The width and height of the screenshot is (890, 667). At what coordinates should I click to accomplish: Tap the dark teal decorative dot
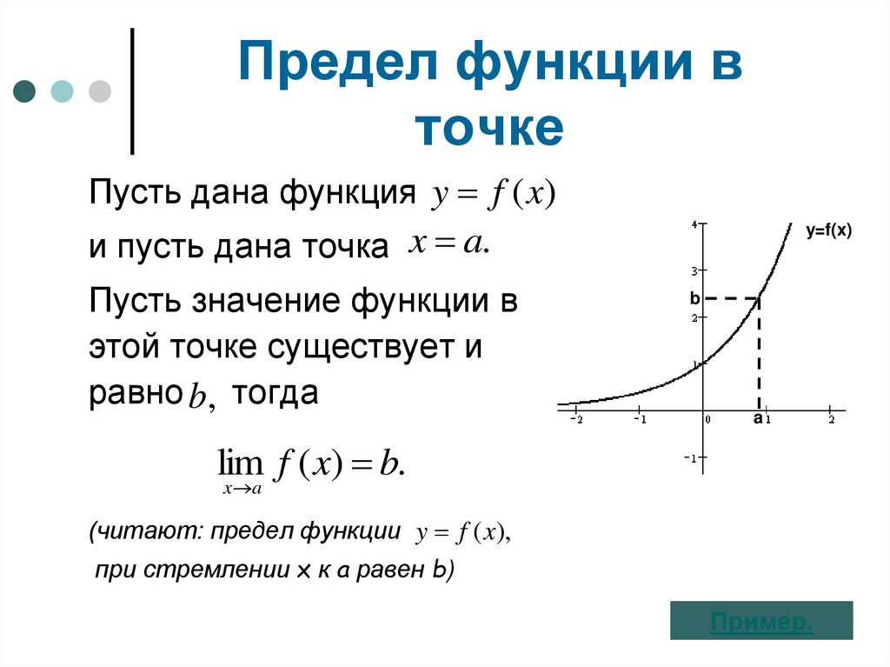24,91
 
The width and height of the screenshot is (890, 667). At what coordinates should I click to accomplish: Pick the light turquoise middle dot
63,91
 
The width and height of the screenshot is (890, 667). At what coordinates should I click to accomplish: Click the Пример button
761,622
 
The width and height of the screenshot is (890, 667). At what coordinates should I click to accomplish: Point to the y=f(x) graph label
828,231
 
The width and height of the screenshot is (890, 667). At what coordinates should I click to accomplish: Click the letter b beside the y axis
694,298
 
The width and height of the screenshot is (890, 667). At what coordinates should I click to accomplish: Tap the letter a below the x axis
757,419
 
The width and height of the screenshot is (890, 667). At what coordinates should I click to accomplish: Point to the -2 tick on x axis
575,419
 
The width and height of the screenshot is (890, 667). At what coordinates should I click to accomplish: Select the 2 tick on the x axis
831,419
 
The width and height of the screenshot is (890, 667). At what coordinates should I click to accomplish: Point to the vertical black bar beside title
132,91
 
